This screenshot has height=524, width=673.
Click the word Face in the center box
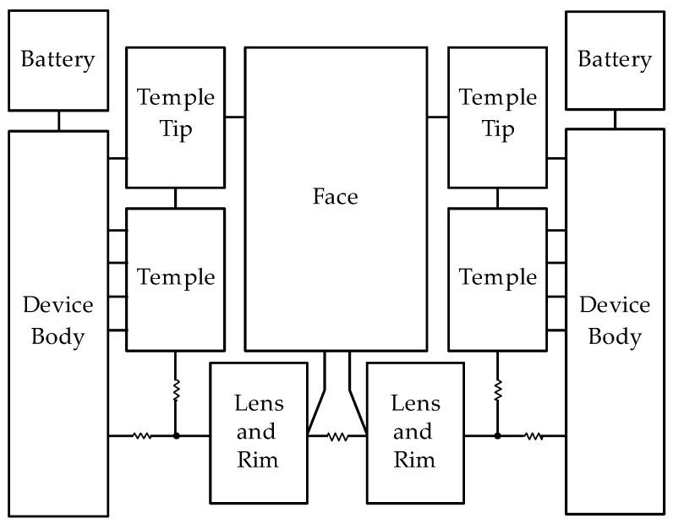pyautogui.click(x=336, y=197)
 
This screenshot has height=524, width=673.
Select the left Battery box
pyautogui.click(x=58, y=61)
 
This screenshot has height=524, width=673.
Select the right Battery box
pyautogui.click(x=615, y=61)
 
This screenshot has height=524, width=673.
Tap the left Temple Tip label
pyautogui.click(x=176, y=114)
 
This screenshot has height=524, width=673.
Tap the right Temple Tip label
pyautogui.click(x=497, y=114)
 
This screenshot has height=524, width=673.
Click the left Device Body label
pyautogui.click(x=58, y=320)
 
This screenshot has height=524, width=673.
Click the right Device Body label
pyautogui.click(x=615, y=320)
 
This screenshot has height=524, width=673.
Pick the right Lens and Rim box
pyautogui.click(x=413, y=432)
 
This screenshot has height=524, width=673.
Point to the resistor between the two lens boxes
pyautogui.click(x=337, y=436)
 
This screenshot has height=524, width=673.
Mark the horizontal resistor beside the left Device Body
pyautogui.click(x=142, y=436)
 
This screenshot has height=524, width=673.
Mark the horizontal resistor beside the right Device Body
pyautogui.click(x=533, y=436)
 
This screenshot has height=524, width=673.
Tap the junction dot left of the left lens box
pyautogui.click(x=176, y=436)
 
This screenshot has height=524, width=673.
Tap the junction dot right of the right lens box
pyautogui.click(x=497, y=436)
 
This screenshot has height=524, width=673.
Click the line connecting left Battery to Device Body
pyautogui.click(x=58, y=121)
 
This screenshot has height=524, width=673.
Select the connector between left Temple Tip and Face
pyautogui.click(x=235, y=117)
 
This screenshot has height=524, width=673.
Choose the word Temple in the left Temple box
pyautogui.click(x=176, y=277)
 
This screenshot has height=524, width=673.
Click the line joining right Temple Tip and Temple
pyautogui.click(x=497, y=198)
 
